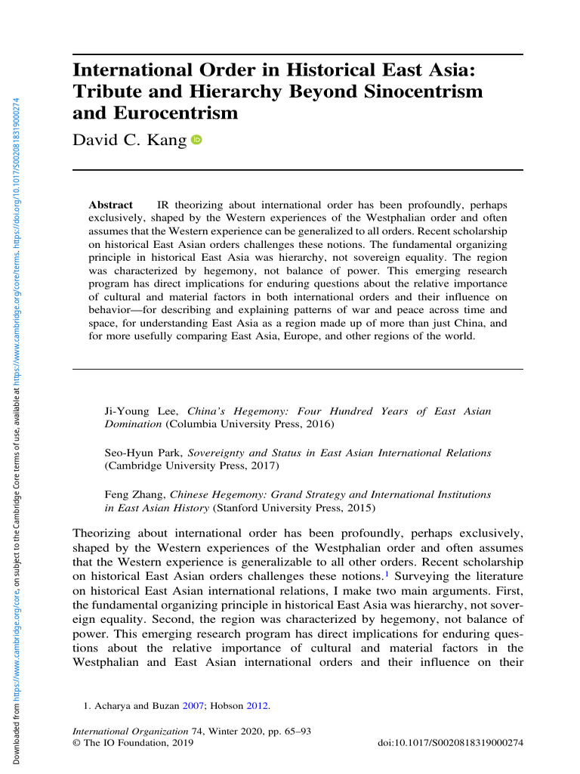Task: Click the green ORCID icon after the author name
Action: point(197,140)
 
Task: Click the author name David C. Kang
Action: point(129,140)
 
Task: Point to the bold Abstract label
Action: point(110,205)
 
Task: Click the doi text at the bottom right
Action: point(449,744)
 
